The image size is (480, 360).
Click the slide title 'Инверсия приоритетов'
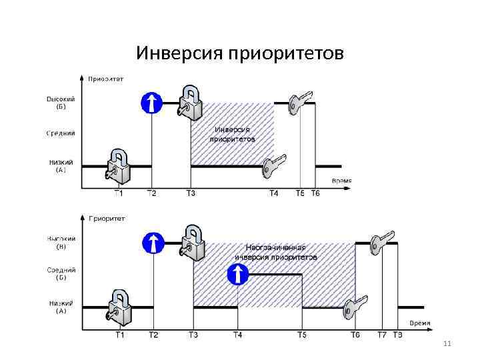[240, 53]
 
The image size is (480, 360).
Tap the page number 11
[447, 344]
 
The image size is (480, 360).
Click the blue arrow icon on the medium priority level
[238, 274]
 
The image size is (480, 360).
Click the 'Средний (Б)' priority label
[61, 273]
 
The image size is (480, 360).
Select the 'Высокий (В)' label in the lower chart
[61, 242]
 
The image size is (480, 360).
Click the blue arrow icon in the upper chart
[152, 103]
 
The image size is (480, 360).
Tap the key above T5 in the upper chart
[301, 101]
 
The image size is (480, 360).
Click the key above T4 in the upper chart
[274, 165]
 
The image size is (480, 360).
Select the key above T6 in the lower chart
[355, 307]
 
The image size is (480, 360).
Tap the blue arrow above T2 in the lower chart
[153, 243]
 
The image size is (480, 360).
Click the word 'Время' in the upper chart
[341, 181]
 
